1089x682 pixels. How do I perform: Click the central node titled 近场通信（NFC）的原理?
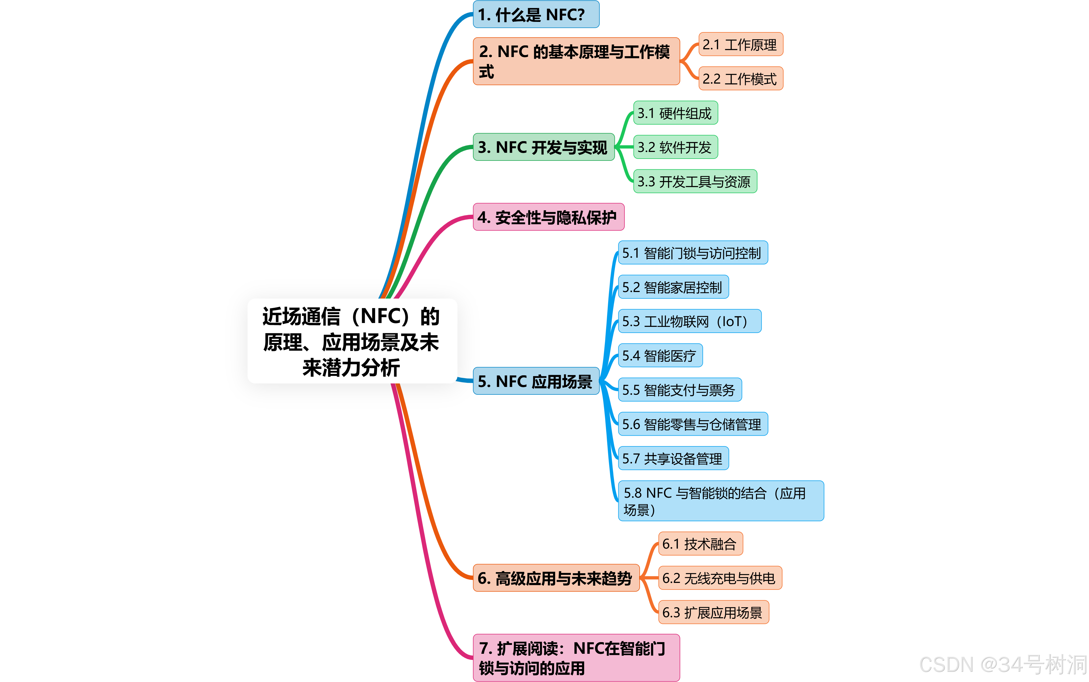click(x=352, y=341)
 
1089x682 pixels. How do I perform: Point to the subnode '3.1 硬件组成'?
click(x=675, y=113)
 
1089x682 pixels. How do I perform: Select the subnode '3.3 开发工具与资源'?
click(x=695, y=181)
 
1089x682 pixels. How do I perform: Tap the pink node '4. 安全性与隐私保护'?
click(x=548, y=217)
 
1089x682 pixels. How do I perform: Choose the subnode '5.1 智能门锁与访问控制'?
click(x=692, y=253)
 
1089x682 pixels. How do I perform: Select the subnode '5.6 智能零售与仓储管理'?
click(x=692, y=424)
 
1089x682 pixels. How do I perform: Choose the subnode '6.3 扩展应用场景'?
click(x=713, y=612)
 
